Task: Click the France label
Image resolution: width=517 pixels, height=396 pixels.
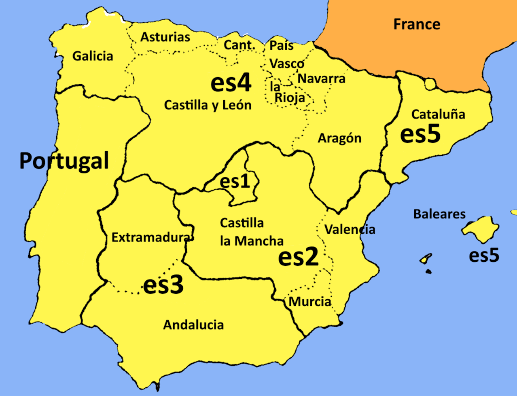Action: (x=417, y=24)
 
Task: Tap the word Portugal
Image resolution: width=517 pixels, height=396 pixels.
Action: (x=64, y=161)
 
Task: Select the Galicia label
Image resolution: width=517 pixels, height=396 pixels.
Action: (x=93, y=56)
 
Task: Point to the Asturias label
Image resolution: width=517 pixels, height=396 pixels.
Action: (x=165, y=37)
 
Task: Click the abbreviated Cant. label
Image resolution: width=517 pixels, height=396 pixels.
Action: (x=239, y=45)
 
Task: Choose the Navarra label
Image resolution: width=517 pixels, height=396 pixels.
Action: (x=322, y=78)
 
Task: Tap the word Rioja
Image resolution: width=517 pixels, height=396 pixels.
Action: (x=289, y=97)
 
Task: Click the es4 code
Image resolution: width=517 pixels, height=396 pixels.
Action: (x=231, y=83)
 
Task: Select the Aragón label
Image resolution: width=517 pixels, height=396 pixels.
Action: (x=339, y=138)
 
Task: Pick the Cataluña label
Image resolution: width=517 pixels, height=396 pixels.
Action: (x=438, y=114)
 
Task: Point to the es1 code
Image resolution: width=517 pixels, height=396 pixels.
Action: (x=235, y=182)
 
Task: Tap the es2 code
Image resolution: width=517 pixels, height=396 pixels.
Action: (x=298, y=257)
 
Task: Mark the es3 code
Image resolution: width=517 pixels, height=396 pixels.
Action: (x=163, y=285)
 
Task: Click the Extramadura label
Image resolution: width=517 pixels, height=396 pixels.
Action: (x=151, y=237)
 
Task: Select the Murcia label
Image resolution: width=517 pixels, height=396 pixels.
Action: (x=309, y=301)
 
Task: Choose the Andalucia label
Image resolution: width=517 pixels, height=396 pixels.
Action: (x=193, y=325)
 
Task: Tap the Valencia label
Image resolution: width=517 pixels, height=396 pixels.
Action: (x=350, y=230)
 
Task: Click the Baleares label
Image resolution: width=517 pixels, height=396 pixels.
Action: (x=439, y=214)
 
